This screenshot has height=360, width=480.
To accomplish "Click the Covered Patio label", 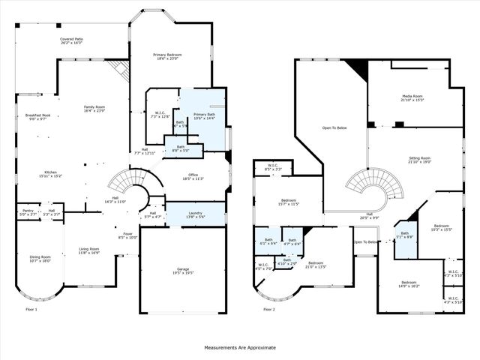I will pyautogui.click(x=71, y=40).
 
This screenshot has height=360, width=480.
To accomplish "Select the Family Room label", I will pyautogui.click(x=94, y=109).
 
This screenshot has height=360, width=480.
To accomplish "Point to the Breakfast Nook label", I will pyautogui.click(x=37, y=117).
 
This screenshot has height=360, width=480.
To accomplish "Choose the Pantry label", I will pyautogui.click(x=28, y=212).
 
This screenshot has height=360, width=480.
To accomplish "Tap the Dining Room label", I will pyautogui.click(x=40, y=259).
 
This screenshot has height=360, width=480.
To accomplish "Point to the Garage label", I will pyautogui.click(x=185, y=271).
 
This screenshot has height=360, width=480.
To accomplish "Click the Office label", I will pyautogui.click(x=193, y=178).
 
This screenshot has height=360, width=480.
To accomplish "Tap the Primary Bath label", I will pyautogui.click(x=204, y=116).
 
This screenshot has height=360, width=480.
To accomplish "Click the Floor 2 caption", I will pyautogui.click(x=269, y=309).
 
